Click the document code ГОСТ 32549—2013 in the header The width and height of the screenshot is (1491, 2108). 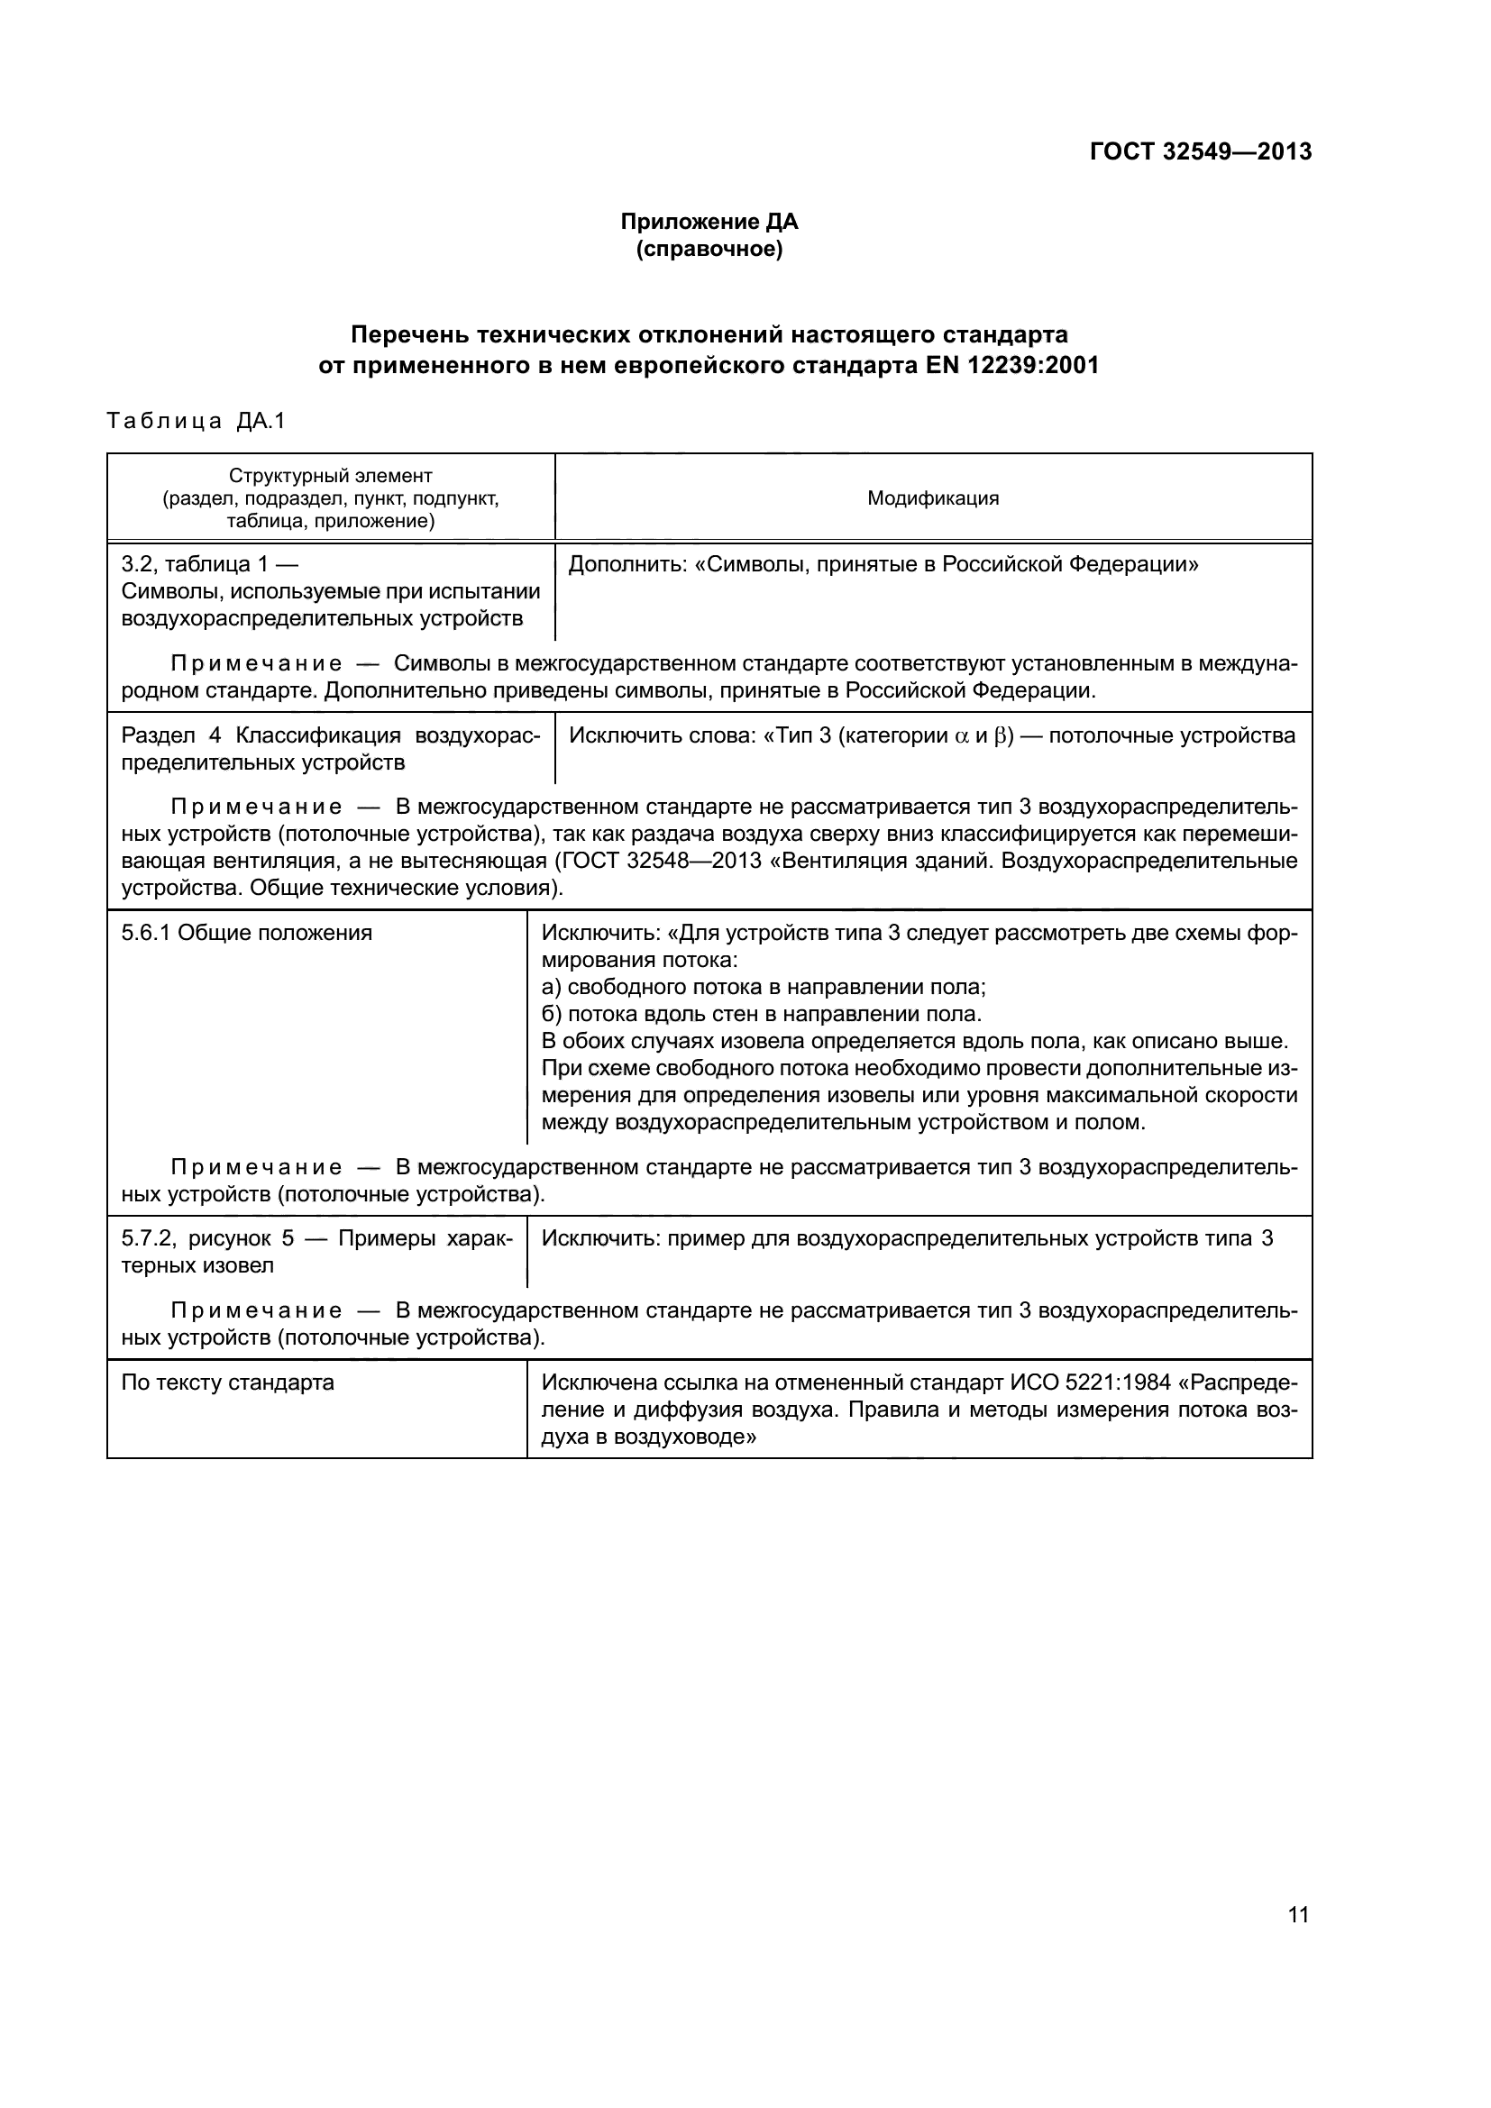tap(1200, 151)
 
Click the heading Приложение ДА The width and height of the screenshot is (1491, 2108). tap(709, 222)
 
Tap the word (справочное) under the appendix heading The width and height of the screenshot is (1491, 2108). tap(709, 249)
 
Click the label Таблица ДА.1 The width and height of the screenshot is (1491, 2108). tap(197, 421)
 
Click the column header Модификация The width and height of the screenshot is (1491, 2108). tap(933, 498)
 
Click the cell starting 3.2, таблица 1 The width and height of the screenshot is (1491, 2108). tap(331, 590)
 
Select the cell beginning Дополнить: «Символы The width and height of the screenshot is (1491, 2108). tap(883, 563)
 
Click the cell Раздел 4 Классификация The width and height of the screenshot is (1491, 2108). tap(331, 748)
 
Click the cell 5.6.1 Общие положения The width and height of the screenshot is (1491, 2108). tap(247, 933)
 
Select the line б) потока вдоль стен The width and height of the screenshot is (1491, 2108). tap(761, 1014)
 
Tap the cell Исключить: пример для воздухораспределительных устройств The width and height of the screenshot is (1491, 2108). tap(907, 1238)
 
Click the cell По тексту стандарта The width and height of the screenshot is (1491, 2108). tap(228, 1383)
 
